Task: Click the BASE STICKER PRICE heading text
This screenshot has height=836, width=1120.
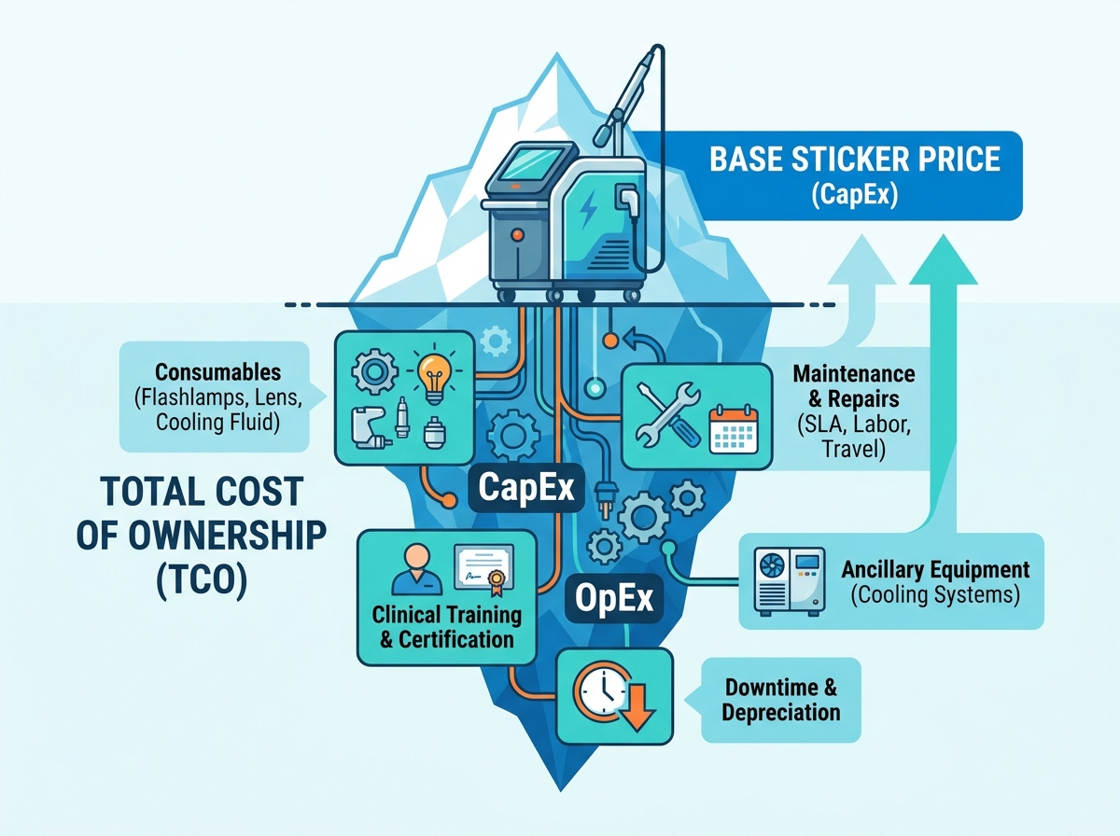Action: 854,160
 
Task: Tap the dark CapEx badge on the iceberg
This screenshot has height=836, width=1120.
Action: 526,488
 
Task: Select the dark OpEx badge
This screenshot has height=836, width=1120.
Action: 614,598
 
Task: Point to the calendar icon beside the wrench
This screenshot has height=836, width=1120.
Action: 734,429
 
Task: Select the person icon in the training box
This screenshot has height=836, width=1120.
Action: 417,569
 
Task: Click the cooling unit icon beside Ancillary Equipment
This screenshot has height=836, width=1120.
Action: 790,582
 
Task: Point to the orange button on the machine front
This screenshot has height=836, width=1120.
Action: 517,234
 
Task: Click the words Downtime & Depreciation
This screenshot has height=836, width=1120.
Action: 780,700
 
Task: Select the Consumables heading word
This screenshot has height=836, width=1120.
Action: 217,372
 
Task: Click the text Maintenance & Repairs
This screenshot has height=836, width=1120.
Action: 854,386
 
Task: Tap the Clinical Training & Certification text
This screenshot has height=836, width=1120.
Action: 447,627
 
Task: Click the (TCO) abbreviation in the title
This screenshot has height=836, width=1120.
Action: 202,581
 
